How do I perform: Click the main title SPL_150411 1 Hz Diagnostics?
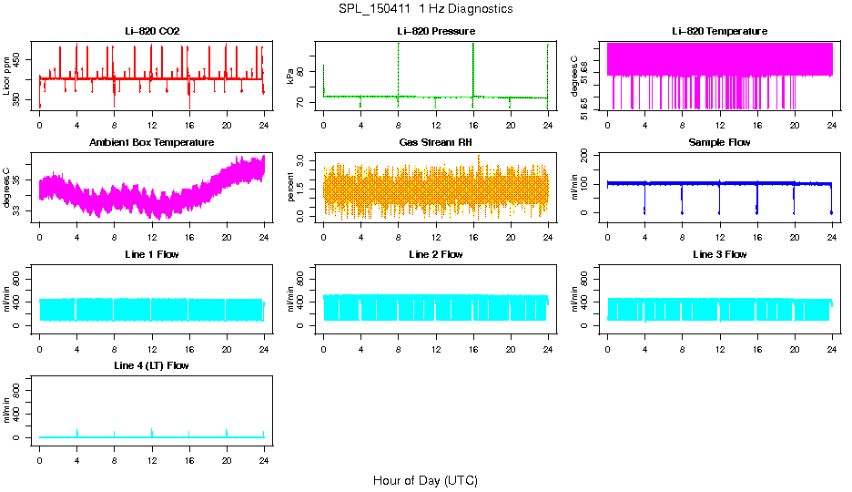pos(424,9)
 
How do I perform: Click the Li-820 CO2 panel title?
pos(152,32)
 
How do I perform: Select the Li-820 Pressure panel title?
pos(435,32)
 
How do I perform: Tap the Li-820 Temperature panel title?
pos(719,32)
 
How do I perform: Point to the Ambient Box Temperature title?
pos(152,143)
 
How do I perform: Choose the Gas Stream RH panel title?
pos(435,143)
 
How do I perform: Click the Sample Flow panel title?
pos(719,143)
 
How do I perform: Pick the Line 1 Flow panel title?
pos(152,254)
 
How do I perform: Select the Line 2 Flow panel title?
pos(435,254)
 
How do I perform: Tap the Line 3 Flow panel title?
pos(719,254)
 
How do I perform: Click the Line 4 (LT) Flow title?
pos(152,365)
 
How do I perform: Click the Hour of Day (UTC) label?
pos(425,480)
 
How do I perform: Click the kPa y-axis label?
pos(290,77)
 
